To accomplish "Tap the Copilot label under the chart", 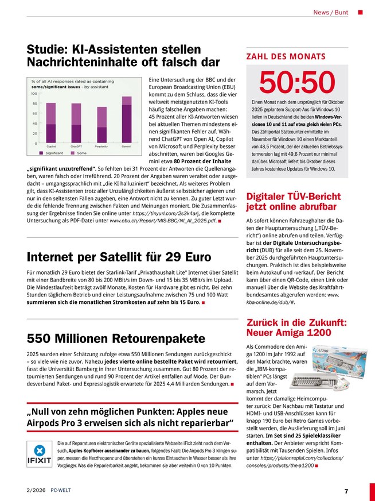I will coord(51,147).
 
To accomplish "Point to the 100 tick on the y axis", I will coord(34,93).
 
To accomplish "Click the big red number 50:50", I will coord(296,83).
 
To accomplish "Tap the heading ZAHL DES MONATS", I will coord(286,56).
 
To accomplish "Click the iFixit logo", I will coord(40,454).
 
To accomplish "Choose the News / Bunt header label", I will coord(331,12).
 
